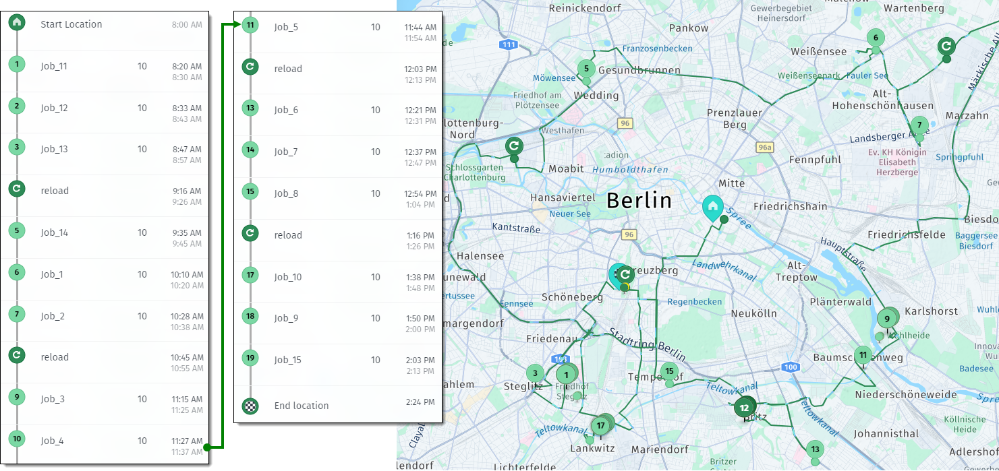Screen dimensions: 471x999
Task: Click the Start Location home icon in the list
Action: (17, 22)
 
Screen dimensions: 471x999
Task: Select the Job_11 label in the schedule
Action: (54, 66)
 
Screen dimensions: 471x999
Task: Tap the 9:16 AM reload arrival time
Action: (187, 191)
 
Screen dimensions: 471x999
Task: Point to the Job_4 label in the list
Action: (52, 441)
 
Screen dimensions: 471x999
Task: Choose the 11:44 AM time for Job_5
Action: (420, 27)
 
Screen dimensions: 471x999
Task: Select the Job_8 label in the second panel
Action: (286, 193)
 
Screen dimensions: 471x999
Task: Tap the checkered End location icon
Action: (250, 405)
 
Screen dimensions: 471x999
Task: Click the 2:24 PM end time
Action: (420, 402)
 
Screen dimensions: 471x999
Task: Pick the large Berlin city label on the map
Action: (639, 200)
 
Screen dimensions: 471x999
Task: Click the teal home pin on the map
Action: (712, 206)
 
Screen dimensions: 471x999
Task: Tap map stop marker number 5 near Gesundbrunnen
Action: (586, 68)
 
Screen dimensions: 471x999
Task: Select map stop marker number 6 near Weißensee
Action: (876, 38)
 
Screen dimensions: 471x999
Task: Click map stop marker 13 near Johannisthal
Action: (815, 449)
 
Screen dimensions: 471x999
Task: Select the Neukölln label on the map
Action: (753, 313)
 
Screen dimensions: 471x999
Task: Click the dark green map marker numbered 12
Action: (744, 408)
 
